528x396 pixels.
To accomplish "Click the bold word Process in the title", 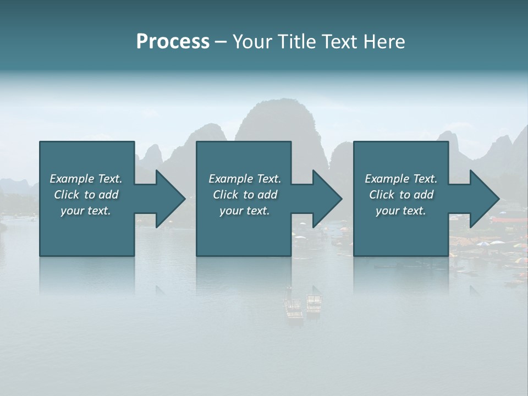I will pyautogui.click(x=173, y=42).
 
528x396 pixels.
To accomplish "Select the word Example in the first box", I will pyautogui.click(x=72, y=179).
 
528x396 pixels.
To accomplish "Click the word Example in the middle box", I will pyautogui.click(x=231, y=179).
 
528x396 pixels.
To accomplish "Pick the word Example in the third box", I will pyautogui.click(x=387, y=179).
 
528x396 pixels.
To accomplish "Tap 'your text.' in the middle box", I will pyautogui.click(x=244, y=211).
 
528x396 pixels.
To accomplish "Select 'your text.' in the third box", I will pyautogui.click(x=401, y=211).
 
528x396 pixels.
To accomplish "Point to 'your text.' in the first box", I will pyautogui.click(x=85, y=211).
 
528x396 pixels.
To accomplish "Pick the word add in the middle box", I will pyautogui.click(x=267, y=195).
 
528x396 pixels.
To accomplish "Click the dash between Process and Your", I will pyautogui.click(x=221, y=42).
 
